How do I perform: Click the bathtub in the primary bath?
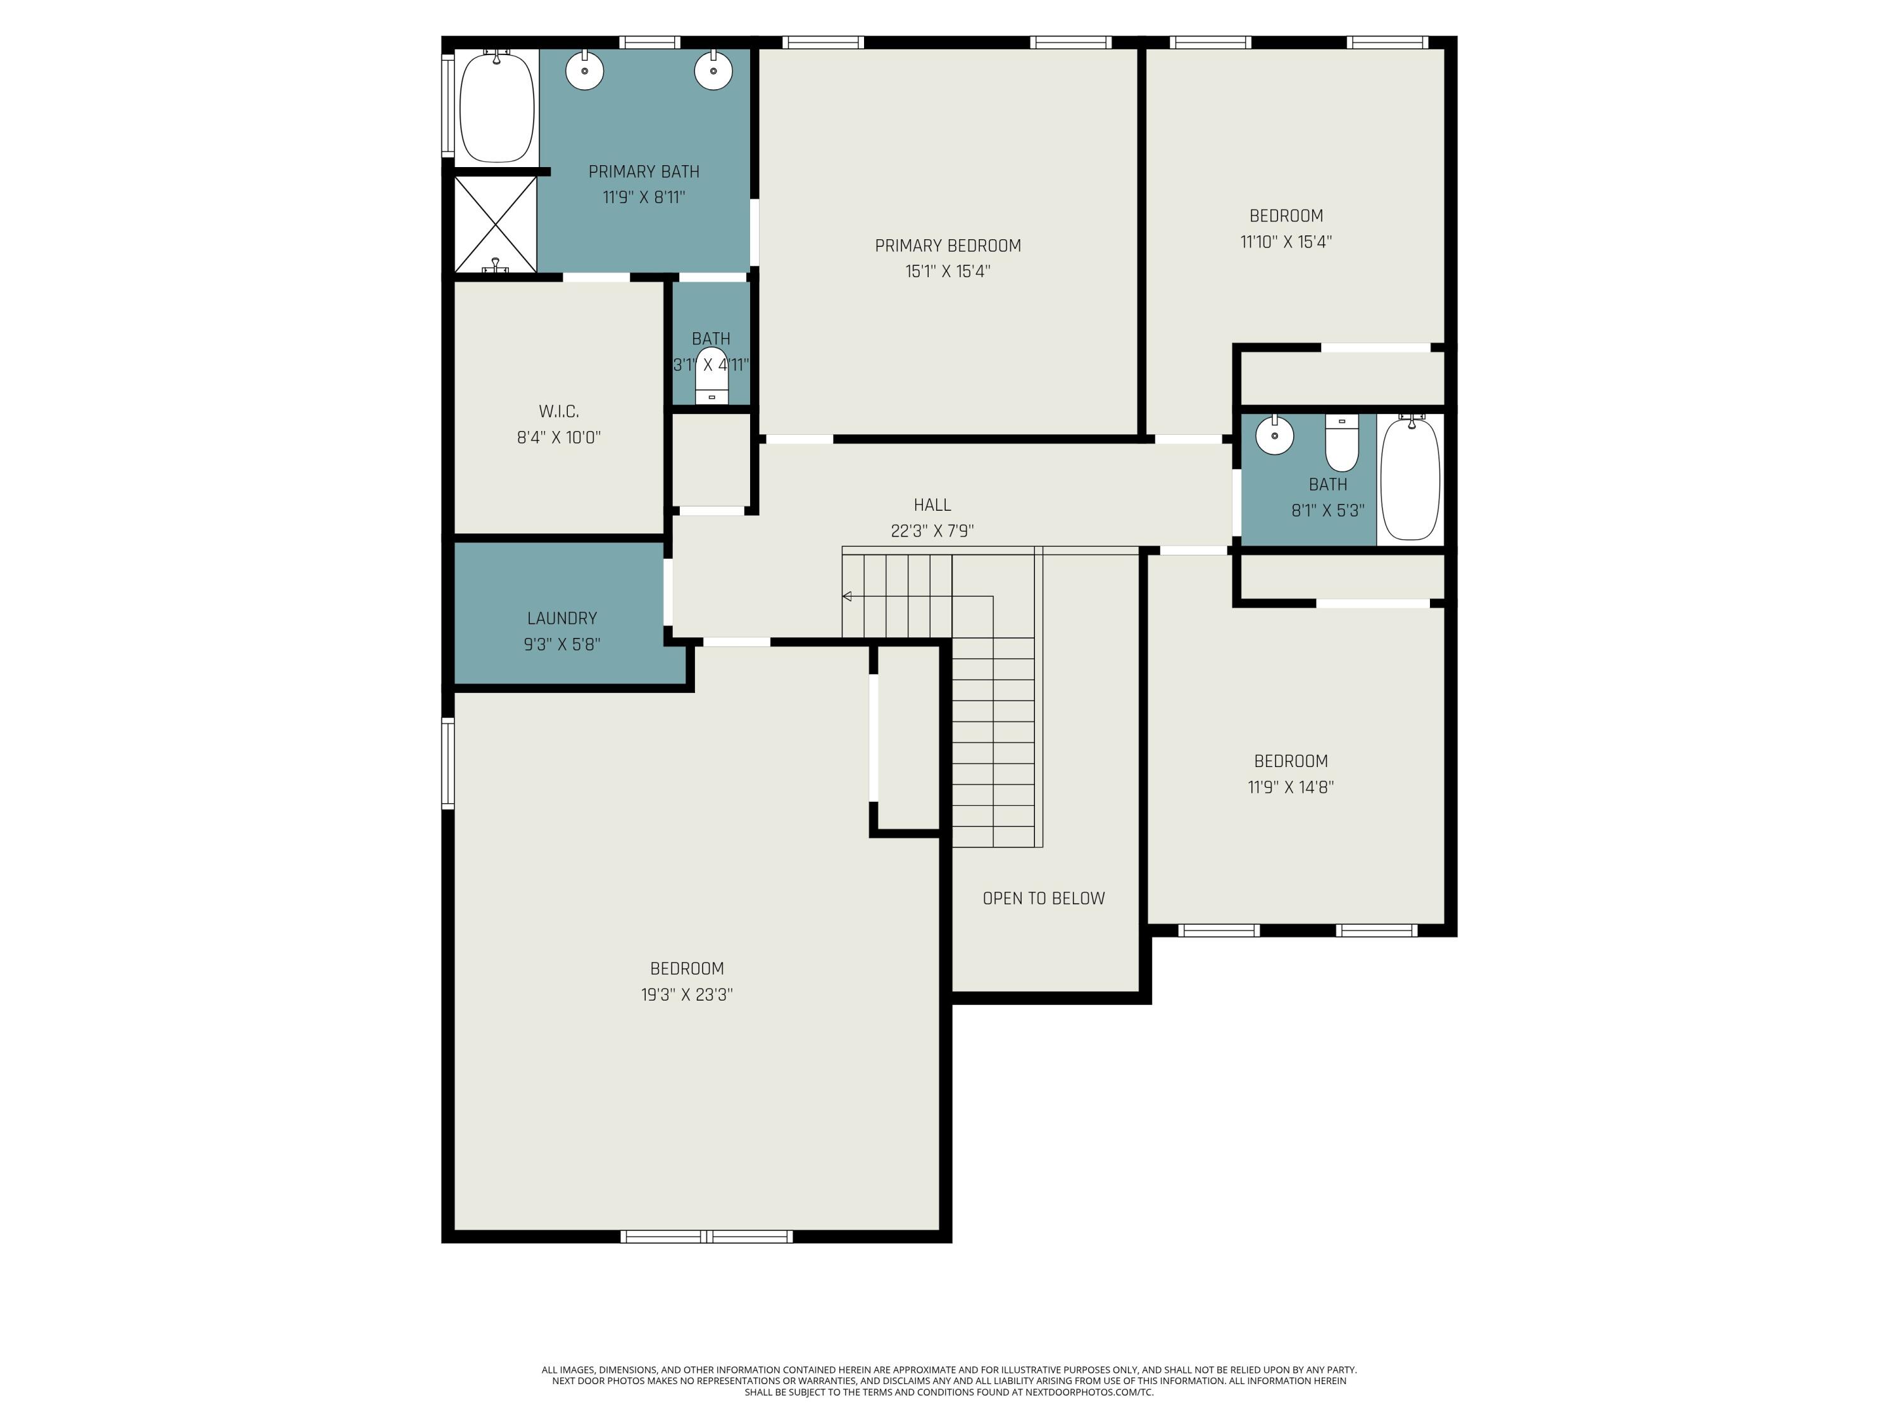497,108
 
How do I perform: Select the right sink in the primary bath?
713,70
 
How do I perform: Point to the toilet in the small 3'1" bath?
711,378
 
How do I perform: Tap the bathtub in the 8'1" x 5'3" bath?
1410,479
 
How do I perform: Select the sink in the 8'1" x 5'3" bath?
1275,436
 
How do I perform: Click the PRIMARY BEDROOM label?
948,246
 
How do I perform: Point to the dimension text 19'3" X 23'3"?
687,995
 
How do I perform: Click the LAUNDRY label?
562,618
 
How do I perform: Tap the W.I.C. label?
559,412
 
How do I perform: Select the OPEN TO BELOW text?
1043,899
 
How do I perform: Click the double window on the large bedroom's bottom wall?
706,1237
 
